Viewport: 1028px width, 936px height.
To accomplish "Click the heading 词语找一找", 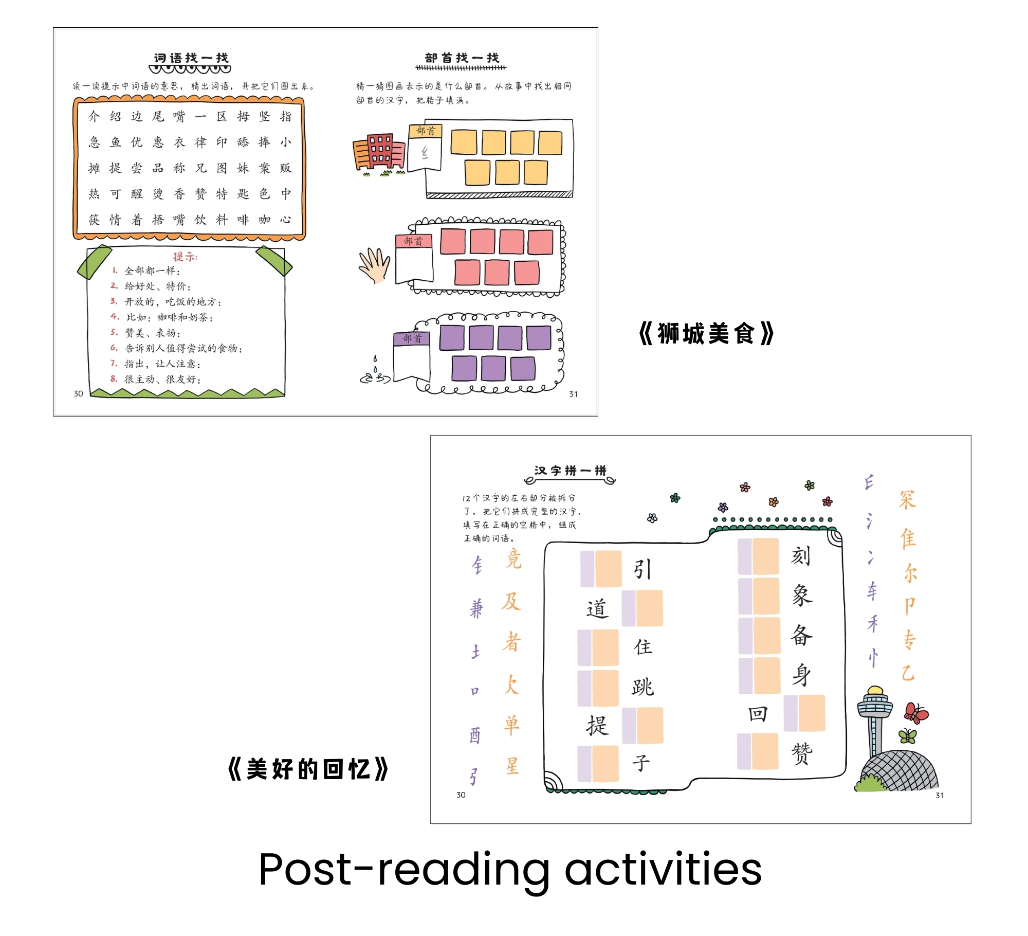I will [191, 58].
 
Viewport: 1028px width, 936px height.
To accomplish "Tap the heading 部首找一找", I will [462, 58].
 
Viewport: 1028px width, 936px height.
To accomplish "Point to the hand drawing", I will [375, 265].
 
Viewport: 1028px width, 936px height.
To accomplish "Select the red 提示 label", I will [185, 257].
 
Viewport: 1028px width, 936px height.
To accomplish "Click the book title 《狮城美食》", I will [706, 334].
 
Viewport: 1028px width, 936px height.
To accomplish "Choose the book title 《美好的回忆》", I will [308, 769].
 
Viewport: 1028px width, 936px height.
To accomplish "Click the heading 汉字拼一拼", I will [570, 471].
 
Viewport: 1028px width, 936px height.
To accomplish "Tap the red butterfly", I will [916, 713].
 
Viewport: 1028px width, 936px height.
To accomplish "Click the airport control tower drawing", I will [874, 720].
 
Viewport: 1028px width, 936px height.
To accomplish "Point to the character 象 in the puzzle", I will [802, 596].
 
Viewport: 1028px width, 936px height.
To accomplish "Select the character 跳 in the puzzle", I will [642, 687].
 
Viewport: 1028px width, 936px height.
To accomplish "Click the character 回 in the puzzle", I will [758, 714].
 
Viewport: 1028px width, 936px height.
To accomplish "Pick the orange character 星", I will [512, 766].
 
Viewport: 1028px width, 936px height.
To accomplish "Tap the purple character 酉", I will [475, 736].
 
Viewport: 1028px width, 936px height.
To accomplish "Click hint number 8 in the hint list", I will [114, 379].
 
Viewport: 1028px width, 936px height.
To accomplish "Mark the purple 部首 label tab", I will [412, 338].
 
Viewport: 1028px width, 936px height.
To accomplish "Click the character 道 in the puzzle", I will [597, 609].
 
